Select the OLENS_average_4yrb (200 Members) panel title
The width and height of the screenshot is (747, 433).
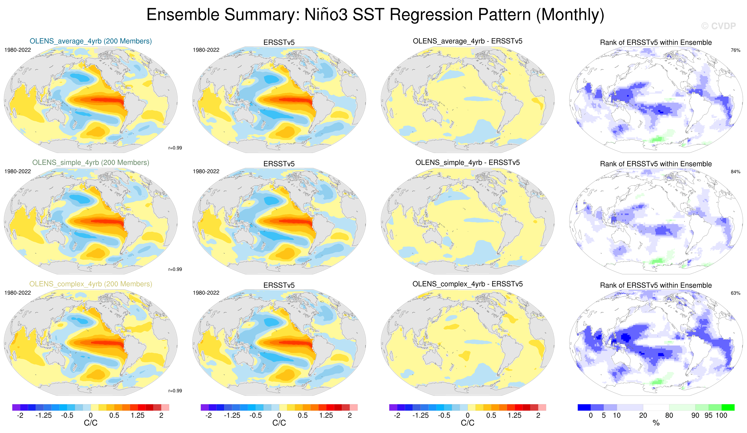coord(91,41)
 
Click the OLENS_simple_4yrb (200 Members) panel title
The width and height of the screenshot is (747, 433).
coord(91,162)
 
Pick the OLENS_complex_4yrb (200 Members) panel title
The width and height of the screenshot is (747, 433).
coord(91,284)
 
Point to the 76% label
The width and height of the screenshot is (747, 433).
coord(735,50)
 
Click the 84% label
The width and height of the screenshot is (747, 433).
coord(735,172)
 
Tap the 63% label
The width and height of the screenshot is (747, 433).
coord(735,293)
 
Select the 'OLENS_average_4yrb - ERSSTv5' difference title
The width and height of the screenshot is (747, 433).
coord(468,41)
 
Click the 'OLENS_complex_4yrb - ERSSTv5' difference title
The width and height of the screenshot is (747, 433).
coord(468,284)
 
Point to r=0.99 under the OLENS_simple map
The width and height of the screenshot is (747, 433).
coord(175,269)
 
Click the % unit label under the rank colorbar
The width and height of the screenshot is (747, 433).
coord(656,423)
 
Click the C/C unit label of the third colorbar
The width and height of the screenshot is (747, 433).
coord(468,423)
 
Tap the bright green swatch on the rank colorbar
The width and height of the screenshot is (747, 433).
coord(728,407)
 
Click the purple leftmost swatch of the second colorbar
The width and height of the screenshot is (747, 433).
coord(205,407)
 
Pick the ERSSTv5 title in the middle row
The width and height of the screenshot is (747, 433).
coord(279,164)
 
